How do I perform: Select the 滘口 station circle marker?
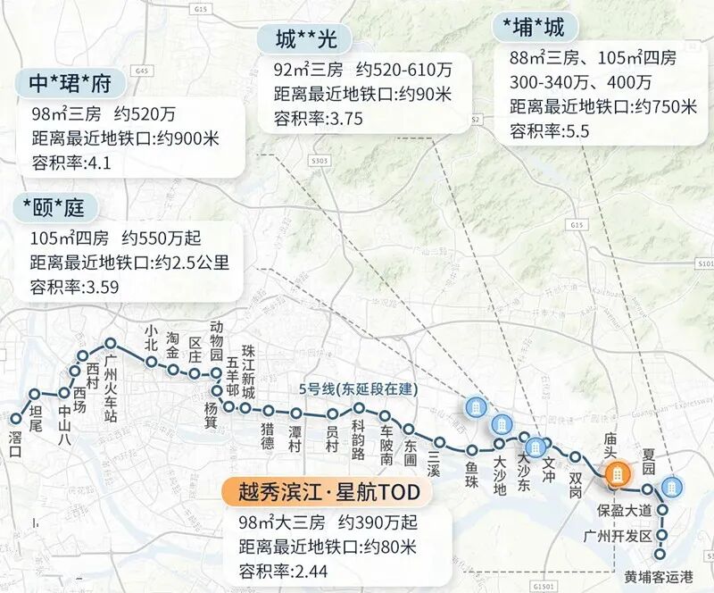15,418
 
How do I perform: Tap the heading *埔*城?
535,27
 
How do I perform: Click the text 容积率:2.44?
286,568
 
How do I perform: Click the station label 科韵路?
358,439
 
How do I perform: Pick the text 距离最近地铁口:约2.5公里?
129,263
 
